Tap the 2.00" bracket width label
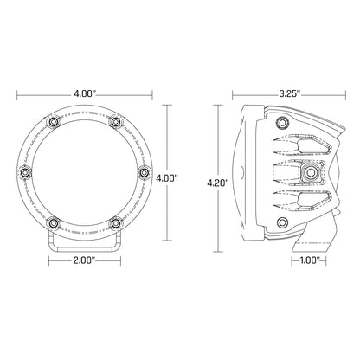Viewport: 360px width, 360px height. pos(84,259)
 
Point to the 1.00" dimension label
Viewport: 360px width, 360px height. pos(312,259)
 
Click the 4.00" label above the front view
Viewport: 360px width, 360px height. pos(84,90)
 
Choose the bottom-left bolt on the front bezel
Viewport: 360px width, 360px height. pos(54,222)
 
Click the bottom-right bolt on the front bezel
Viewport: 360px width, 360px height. pos(114,222)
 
